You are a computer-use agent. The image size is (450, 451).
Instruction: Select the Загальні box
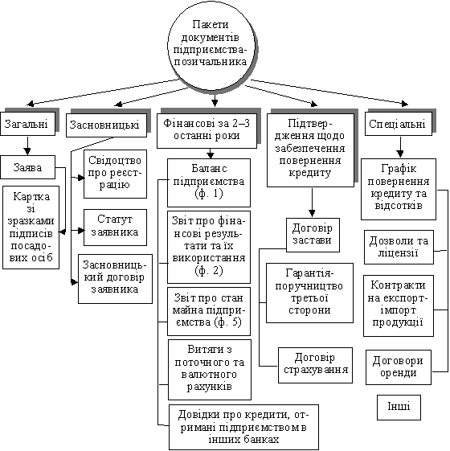[x=28, y=124]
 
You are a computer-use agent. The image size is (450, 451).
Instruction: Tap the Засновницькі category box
[x=106, y=125]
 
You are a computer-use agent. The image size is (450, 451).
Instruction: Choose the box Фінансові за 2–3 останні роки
[x=207, y=131]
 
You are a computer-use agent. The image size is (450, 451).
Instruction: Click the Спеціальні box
[x=399, y=124]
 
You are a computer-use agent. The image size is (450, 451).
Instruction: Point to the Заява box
[x=27, y=167]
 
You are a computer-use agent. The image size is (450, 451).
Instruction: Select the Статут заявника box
[x=115, y=228]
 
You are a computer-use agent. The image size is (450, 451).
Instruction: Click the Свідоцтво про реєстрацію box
[x=115, y=174]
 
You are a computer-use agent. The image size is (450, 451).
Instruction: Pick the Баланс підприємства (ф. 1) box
[x=209, y=182]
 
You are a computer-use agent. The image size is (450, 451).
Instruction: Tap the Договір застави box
[x=313, y=235]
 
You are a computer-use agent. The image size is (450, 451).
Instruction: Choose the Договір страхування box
[x=315, y=365]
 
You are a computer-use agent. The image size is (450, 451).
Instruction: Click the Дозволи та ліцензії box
[x=399, y=247]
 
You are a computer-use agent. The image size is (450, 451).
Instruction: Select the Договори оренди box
[x=399, y=367]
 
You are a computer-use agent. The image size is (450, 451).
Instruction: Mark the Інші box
[x=399, y=408]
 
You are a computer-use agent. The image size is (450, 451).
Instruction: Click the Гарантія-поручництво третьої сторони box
[x=309, y=293]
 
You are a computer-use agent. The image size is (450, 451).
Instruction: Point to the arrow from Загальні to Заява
[x=27, y=146]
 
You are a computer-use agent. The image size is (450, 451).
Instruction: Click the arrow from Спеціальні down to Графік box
[x=400, y=146]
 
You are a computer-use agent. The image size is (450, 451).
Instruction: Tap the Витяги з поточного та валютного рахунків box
[x=210, y=370]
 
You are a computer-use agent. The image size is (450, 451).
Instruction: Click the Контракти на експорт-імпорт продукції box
[x=399, y=305]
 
